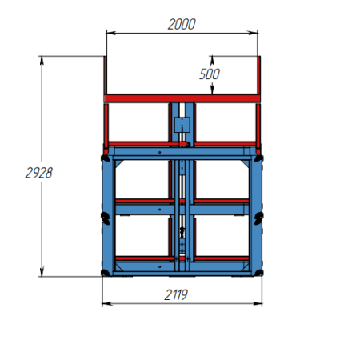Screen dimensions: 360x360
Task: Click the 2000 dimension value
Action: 182,24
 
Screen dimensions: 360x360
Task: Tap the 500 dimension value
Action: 210,74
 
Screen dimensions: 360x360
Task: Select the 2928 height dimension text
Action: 39,173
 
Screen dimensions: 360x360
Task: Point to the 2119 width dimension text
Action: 176,295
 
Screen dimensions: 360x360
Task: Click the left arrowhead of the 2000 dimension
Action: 111,33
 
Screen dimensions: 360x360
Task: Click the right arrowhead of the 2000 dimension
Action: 253,33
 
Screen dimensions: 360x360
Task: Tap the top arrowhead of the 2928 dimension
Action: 42,61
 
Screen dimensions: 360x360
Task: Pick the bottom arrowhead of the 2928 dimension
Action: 42,272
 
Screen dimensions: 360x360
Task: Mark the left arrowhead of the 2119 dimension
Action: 106,303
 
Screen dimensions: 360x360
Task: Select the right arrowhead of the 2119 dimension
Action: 258,303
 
